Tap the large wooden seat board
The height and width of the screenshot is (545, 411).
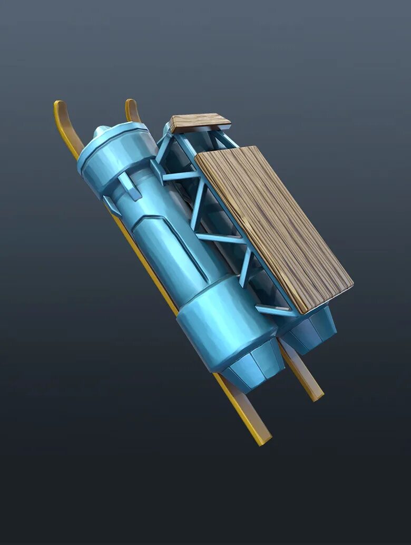tap(274, 227)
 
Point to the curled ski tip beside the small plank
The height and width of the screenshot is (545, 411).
tap(131, 108)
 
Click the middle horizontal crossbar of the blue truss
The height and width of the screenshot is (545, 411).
tap(221, 238)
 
